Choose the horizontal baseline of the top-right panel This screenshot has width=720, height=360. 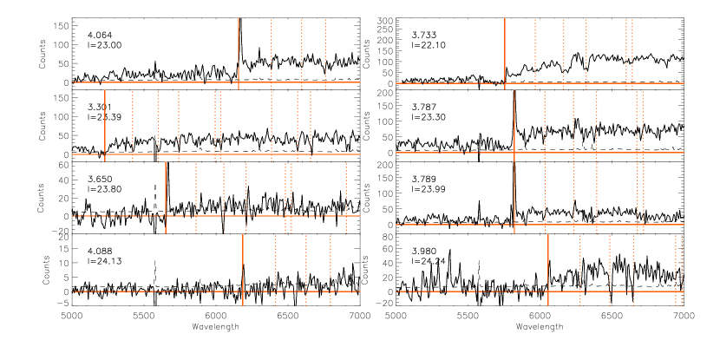(451, 83)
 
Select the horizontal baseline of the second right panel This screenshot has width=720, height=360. (451, 153)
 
